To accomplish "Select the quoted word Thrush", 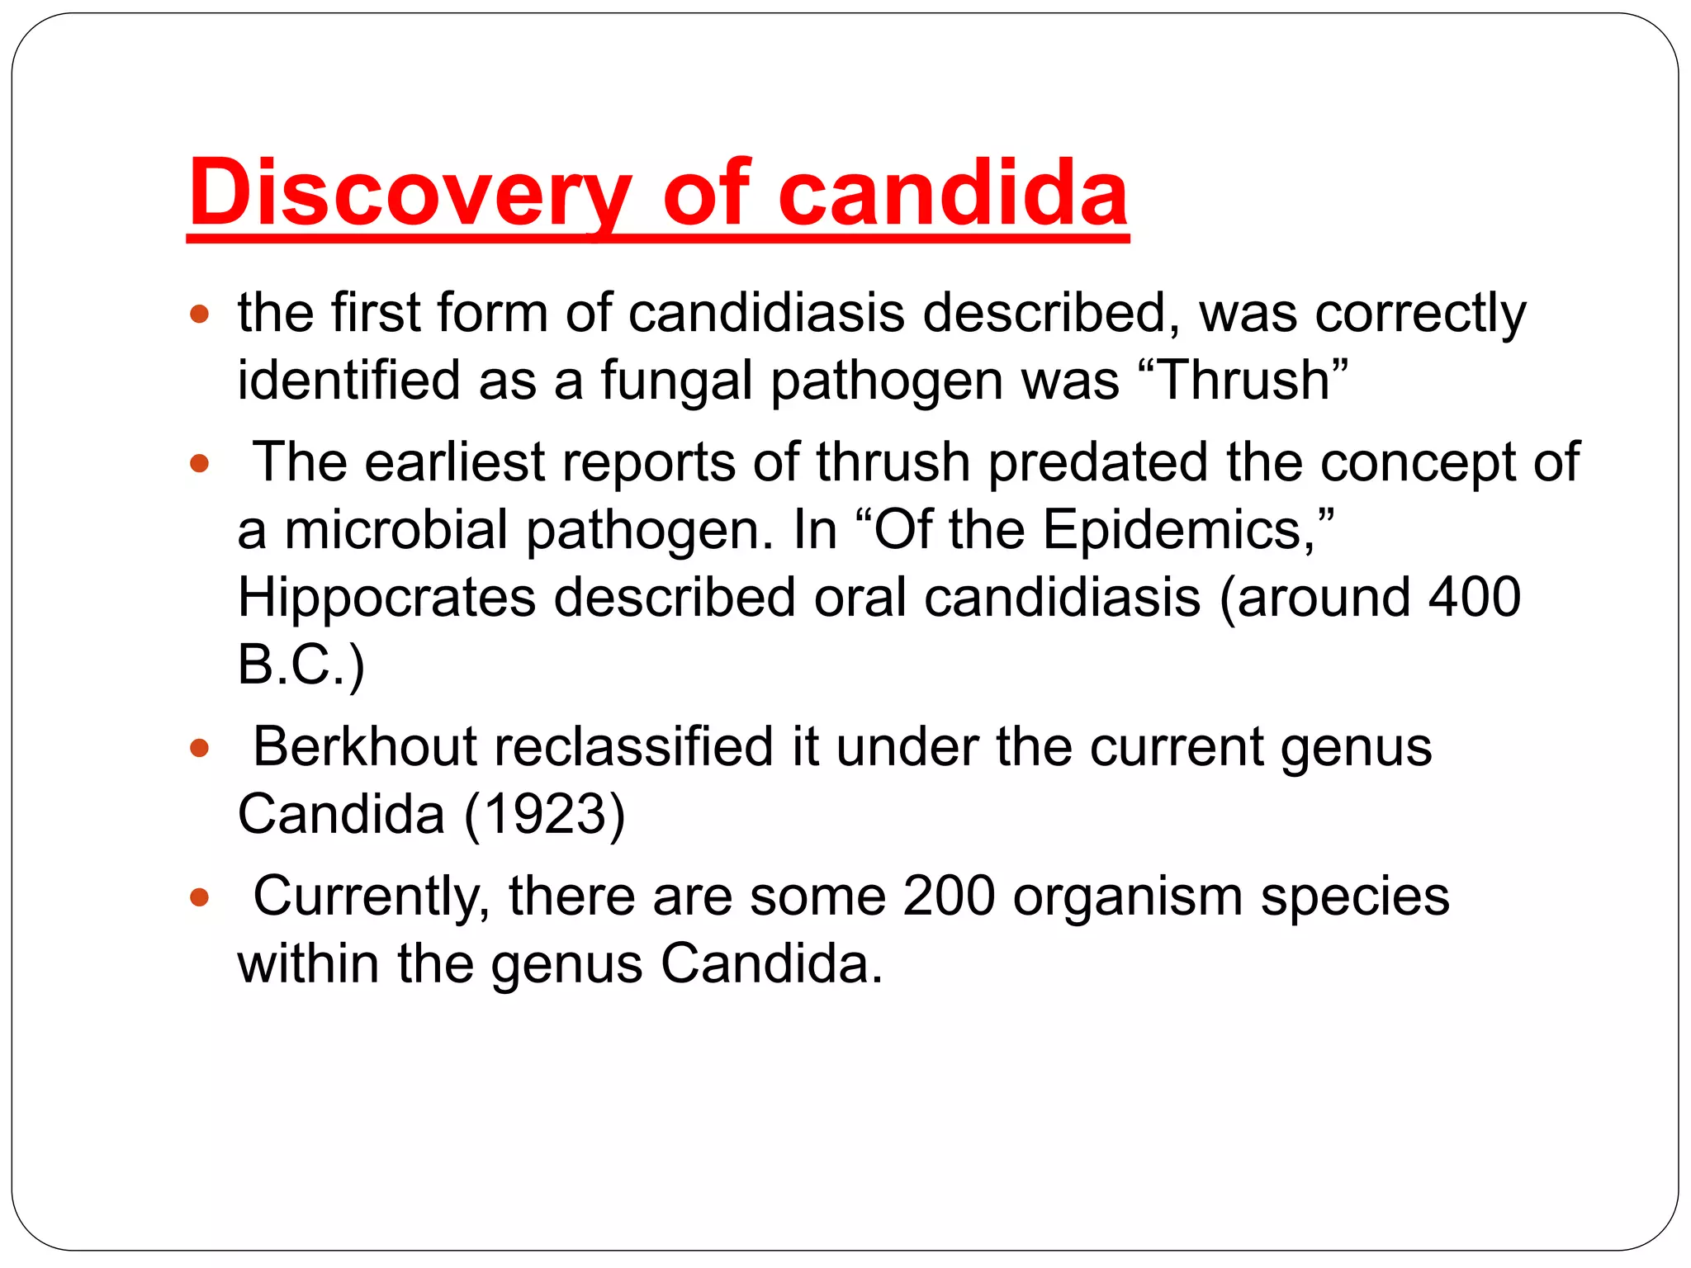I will (x=1244, y=381).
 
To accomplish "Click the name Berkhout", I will (x=364, y=747).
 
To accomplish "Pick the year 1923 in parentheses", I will (x=544, y=815).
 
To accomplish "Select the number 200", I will (x=949, y=897).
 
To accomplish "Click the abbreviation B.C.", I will (x=293, y=665).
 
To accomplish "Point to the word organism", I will (x=1127, y=897).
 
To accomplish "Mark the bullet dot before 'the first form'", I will (x=199, y=315).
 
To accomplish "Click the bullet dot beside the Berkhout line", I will (x=199, y=749).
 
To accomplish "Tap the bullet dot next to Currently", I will (x=199, y=897).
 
